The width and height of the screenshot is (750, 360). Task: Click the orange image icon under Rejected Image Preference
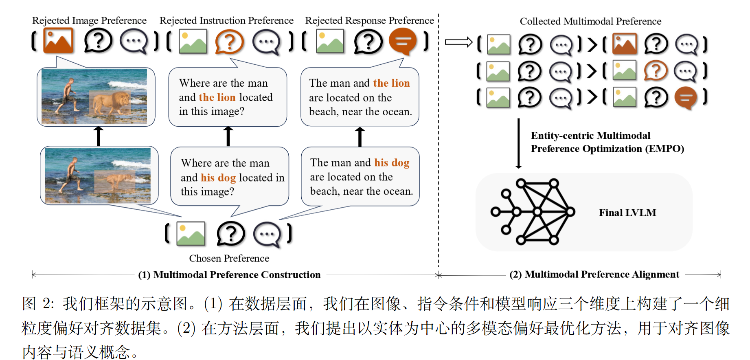[x=58, y=41]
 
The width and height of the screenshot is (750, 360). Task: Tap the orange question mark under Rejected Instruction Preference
[x=229, y=42]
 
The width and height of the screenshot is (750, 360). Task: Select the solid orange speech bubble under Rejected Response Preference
[x=402, y=41]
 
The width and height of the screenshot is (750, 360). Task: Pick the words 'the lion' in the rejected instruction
[x=217, y=97]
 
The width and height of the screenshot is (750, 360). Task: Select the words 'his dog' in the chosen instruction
[x=218, y=178]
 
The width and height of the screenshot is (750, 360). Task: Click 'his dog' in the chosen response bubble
[x=392, y=162]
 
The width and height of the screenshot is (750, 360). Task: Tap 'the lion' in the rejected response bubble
[x=391, y=83]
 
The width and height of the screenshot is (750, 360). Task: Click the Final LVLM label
[x=627, y=213]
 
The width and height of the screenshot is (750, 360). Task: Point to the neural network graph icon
[x=533, y=212]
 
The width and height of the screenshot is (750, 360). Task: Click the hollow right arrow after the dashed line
[x=458, y=42]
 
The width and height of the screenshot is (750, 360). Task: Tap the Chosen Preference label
[x=229, y=258]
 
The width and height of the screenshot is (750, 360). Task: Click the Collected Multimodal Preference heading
[x=590, y=21]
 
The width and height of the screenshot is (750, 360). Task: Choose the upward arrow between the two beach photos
[x=98, y=136]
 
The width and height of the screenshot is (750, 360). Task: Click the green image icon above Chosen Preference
[x=191, y=234]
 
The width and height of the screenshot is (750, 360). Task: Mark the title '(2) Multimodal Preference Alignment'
[x=594, y=274]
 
